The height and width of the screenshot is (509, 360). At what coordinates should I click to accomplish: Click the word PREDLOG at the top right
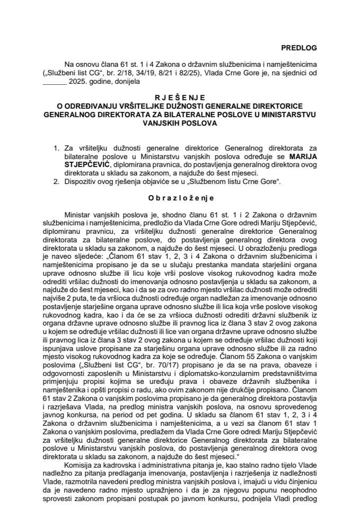coord(298,48)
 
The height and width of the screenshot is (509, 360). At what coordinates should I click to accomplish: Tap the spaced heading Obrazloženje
coord(179,198)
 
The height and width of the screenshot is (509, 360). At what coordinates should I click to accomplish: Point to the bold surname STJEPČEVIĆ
coord(80,165)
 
